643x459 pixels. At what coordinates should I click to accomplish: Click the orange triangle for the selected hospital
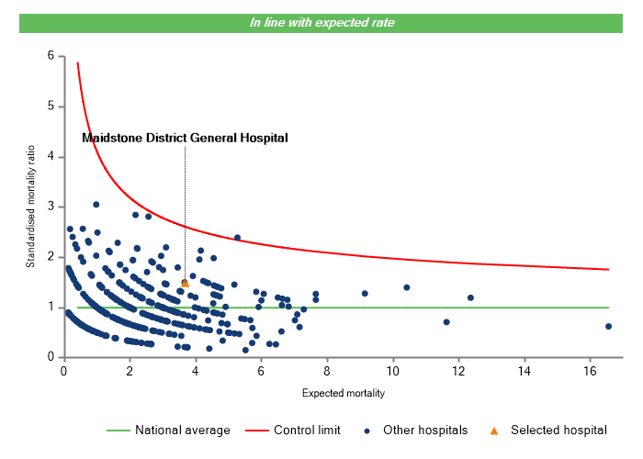185,283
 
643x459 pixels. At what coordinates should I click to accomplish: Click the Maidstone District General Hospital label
185,138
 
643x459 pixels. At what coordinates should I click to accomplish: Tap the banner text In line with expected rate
321,22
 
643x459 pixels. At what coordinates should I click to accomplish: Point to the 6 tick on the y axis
50,56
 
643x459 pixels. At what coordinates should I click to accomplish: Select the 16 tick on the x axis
589,370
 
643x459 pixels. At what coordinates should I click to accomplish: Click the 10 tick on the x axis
392,370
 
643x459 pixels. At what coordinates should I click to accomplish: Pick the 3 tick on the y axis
50,207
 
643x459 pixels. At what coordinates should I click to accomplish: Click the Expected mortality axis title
343,393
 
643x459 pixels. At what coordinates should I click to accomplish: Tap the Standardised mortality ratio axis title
30,207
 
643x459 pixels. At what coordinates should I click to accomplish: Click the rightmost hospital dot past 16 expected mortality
608,326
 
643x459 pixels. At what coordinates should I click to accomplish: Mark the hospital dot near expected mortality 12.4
470,297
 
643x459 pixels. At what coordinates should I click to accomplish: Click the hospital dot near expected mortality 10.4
406,287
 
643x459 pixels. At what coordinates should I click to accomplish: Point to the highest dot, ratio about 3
96,205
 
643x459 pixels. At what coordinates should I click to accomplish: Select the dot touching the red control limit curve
237,237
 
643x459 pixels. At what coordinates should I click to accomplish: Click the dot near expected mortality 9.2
365,294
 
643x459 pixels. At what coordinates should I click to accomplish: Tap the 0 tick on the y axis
50,357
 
